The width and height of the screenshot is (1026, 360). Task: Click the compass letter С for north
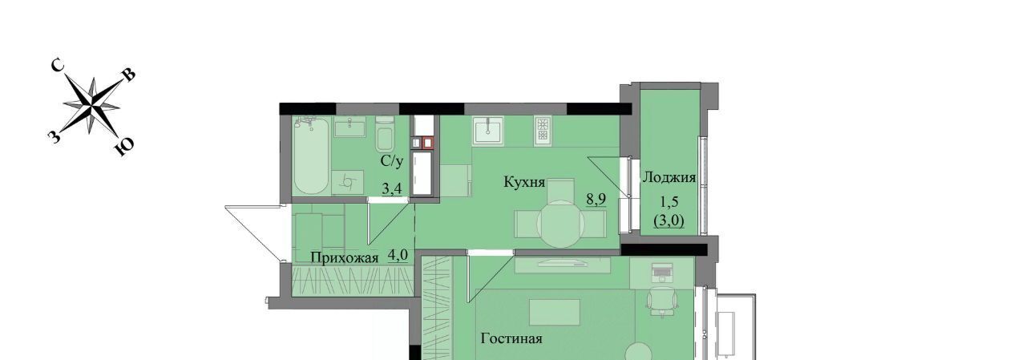pyautogui.click(x=58, y=67)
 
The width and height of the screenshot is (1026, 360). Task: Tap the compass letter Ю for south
pyautogui.click(x=123, y=147)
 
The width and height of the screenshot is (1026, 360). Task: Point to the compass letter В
pyautogui.click(x=129, y=75)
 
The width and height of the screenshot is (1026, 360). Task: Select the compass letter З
pyautogui.click(x=54, y=136)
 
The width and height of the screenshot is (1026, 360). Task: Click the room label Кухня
pyautogui.click(x=524, y=182)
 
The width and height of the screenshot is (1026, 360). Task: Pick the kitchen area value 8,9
pyautogui.click(x=596, y=199)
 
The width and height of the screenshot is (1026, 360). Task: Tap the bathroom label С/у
pyautogui.click(x=392, y=161)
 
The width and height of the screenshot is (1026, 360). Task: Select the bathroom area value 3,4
pyautogui.click(x=392, y=188)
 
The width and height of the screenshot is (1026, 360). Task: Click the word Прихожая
pyautogui.click(x=345, y=258)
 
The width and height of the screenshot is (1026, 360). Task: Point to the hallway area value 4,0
pyautogui.click(x=398, y=255)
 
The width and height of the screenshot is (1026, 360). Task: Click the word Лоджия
pyautogui.click(x=669, y=178)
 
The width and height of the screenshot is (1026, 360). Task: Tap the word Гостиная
pyautogui.click(x=511, y=339)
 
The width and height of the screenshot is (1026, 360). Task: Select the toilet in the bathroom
pyautogui.click(x=385, y=134)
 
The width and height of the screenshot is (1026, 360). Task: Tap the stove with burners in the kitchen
pyautogui.click(x=543, y=130)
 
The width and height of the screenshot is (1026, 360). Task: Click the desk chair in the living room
pyautogui.click(x=662, y=301)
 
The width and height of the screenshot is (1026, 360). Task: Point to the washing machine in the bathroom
pyautogui.click(x=347, y=183)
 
